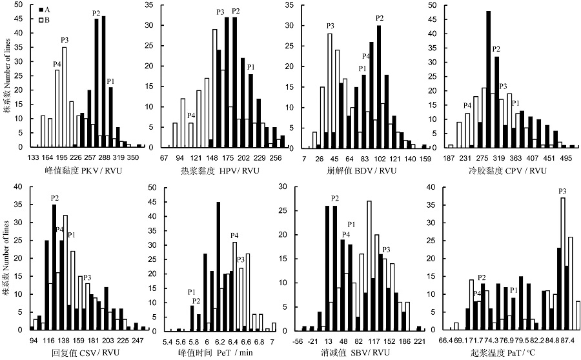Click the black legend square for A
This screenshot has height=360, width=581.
click(41, 10)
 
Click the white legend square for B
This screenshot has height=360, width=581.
click(41, 21)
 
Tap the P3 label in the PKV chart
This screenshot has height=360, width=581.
click(65, 40)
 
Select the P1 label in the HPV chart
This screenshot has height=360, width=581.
click(251, 67)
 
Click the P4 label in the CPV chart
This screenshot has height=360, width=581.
click(467, 105)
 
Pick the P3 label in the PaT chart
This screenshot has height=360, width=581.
click(563, 191)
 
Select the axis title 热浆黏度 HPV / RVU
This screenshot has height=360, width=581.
click(223, 171)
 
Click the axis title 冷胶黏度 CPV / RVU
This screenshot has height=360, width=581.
click(509, 171)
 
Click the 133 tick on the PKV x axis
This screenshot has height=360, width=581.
click(33, 157)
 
